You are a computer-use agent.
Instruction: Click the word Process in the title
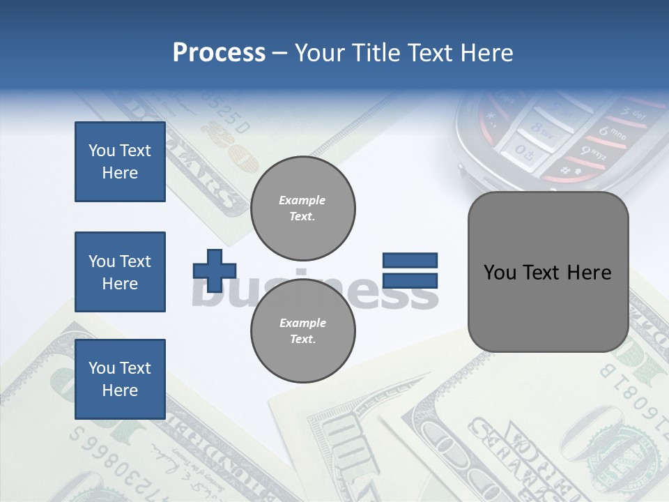tap(219, 52)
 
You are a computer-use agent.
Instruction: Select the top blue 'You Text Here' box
tap(120, 162)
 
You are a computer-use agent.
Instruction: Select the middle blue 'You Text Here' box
tap(120, 272)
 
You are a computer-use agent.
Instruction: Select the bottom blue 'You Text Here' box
tap(120, 379)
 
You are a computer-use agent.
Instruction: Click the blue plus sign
tap(215, 270)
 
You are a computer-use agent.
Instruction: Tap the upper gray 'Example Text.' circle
tap(302, 208)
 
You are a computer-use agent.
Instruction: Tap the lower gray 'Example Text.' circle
tap(302, 330)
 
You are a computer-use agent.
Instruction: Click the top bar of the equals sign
tap(410, 260)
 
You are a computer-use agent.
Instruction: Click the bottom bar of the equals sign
tap(410, 281)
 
